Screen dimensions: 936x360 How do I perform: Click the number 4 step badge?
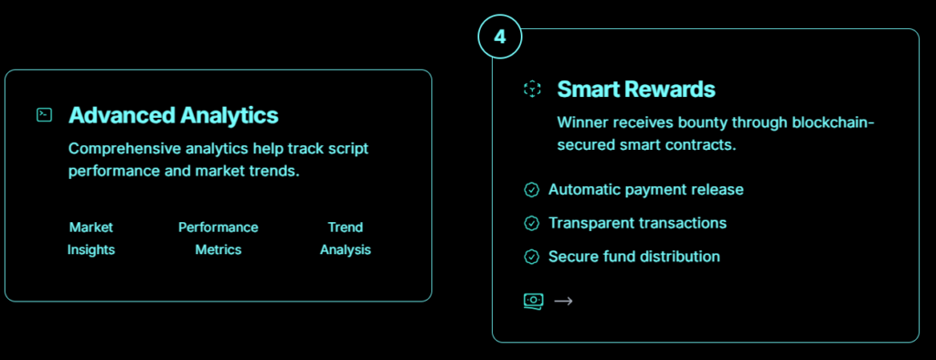(x=500, y=37)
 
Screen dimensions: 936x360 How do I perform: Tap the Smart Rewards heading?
(x=636, y=90)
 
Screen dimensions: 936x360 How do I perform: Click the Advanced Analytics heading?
(x=174, y=115)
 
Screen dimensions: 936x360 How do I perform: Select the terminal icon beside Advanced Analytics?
(x=44, y=115)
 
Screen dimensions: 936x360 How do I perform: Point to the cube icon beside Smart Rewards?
(x=532, y=90)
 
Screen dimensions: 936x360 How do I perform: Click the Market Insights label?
(x=90, y=238)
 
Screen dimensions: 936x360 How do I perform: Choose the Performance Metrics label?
(x=218, y=238)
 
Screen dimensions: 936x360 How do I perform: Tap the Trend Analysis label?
(x=345, y=238)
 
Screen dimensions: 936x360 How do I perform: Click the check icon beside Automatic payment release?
(x=531, y=190)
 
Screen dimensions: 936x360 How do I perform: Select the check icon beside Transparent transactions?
(x=531, y=223)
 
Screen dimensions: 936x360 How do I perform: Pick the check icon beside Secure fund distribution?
(x=531, y=257)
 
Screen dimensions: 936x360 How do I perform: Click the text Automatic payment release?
(x=646, y=190)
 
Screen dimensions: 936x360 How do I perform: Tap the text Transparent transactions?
(x=637, y=223)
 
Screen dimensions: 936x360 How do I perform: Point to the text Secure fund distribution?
(x=634, y=257)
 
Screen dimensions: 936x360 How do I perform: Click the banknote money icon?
(x=533, y=301)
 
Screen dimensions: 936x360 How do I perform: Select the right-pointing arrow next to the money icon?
(x=563, y=301)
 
